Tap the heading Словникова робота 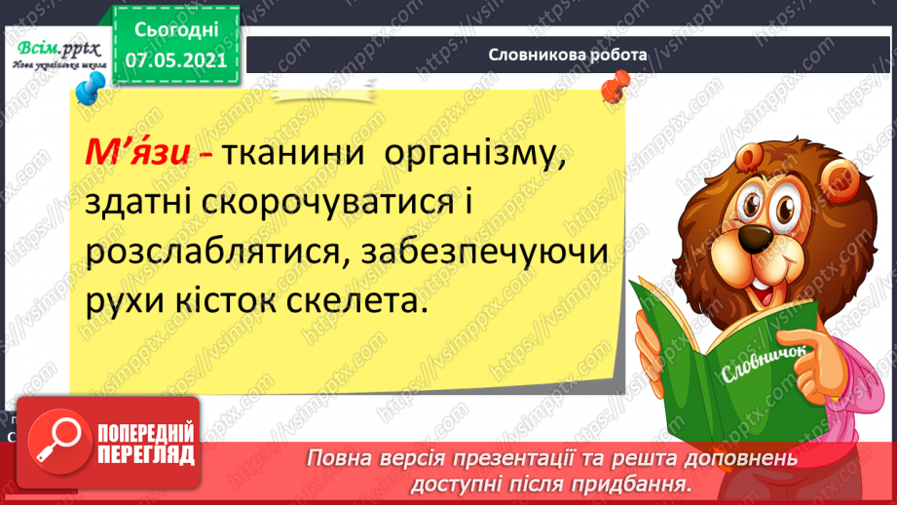[x=568, y=55]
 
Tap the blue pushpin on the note [x=88, y=91]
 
